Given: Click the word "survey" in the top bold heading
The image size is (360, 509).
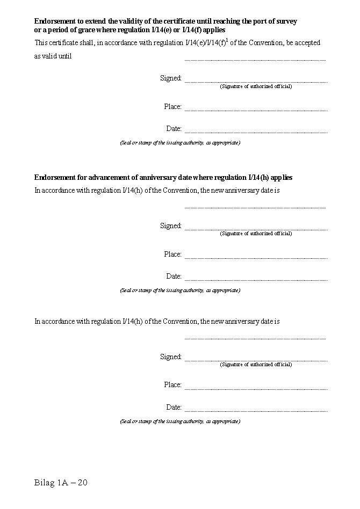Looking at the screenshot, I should [x=285, y=21].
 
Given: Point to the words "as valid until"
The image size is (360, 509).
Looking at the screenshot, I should [x=53, y=56].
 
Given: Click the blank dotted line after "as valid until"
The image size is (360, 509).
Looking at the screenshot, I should [x=255, y=60].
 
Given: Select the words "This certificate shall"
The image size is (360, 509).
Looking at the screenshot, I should [x=64, y=42].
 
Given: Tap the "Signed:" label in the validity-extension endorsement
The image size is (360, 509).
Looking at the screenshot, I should [x=171, y=78].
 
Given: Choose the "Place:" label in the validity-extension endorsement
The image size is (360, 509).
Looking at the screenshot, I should [x=173, y=107].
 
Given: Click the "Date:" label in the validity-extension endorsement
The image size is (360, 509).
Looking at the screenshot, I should [x=174, y=129].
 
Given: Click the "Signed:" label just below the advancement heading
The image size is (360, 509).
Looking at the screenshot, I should [x=171, y=226].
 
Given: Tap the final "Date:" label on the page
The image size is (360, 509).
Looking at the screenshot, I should [x=174, y=408].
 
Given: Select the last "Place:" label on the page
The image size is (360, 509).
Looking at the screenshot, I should [x=173, y=385].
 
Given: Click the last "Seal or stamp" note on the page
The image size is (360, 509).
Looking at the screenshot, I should [x=180, y=421].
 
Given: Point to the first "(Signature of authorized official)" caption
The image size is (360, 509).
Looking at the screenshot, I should [x=256, y=86].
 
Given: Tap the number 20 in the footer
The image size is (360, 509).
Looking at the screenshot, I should [x=82, y=483].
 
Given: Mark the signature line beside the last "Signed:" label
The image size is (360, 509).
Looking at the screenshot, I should [x=256, y=360].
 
